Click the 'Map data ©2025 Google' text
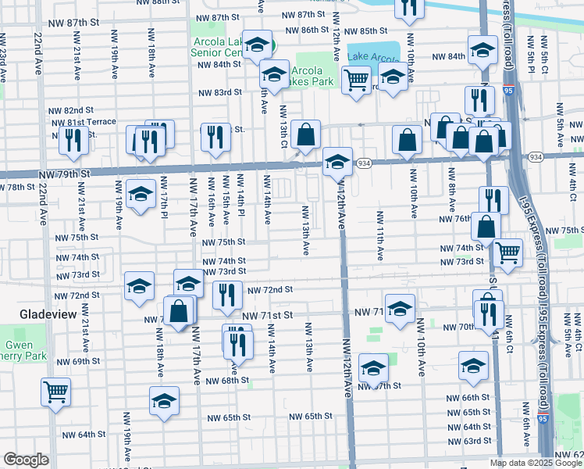(x=536, y=463)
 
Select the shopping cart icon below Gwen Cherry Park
(x=56, y=390)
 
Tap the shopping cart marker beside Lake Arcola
(x=356, y=78)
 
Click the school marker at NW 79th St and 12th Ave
(x=337, y=162)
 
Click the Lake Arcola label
(x=372, y=56)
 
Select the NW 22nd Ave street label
(x=38, y=54)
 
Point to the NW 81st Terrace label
(x=91, y=122)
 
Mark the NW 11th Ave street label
(x=380, y=234)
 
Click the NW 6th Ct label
(x=507, y=334)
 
